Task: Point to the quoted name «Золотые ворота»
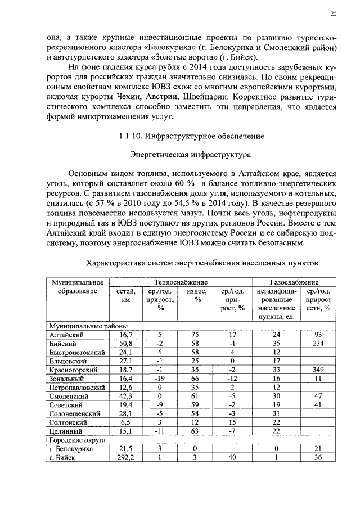coord(184,57)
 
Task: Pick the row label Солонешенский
coord(70,414)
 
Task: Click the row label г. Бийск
coord(60,458)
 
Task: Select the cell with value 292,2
coord(124,458)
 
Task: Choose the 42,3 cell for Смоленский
coord(124,396)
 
